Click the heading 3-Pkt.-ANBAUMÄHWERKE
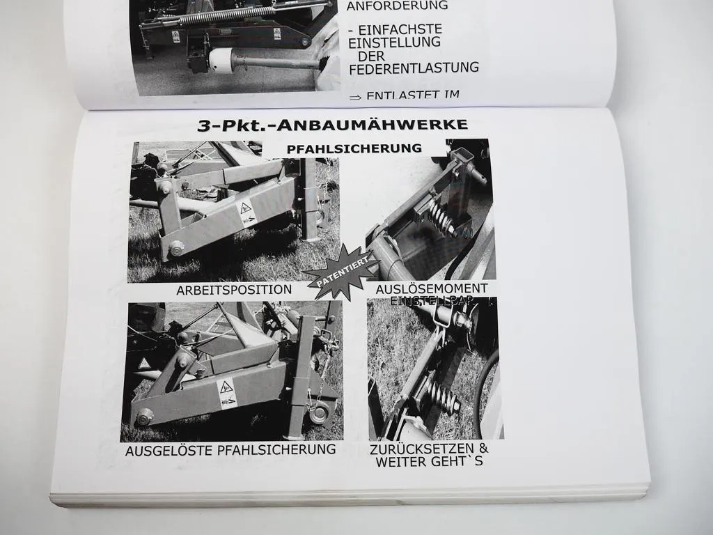[x=332, y=126]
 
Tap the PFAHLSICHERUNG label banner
[x=354, y=148]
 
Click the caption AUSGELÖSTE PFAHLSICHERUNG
[x=230, y=449]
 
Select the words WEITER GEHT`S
[x=430, y=461]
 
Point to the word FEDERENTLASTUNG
[x=414, y=68]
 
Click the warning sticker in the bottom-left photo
[x=227, y=394]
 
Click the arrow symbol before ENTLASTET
[x=355, y=98]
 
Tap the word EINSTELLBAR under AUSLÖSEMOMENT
[x=432, y=300]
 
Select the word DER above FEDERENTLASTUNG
[x=372, y=55]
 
